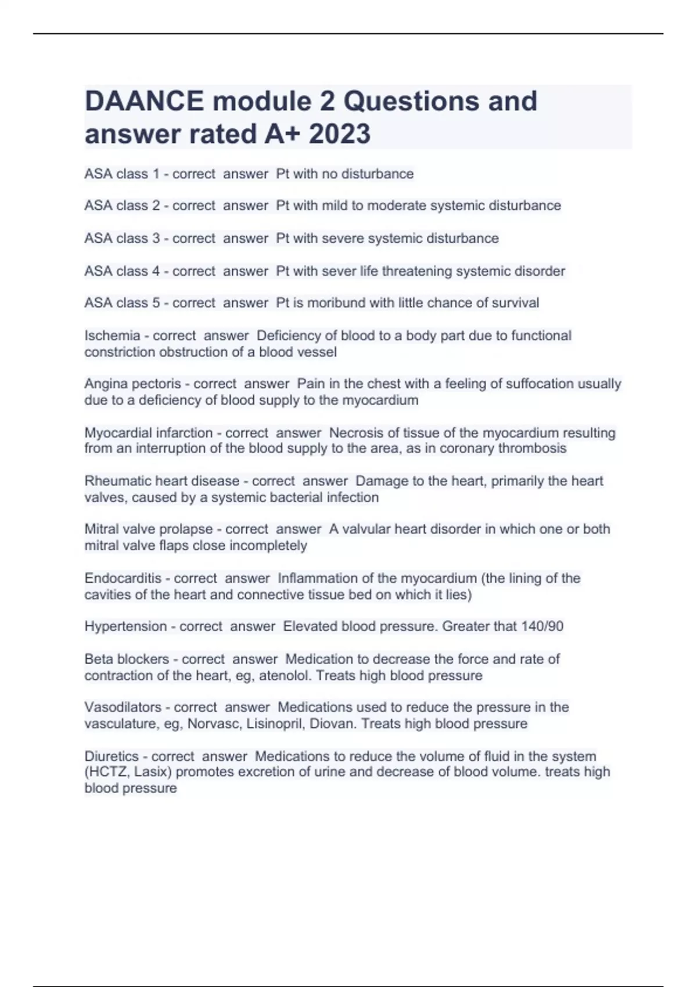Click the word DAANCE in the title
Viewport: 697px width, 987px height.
click(x=144, y=102)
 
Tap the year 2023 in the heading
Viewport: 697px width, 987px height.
click(x=339, y=134)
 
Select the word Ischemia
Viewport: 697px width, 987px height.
click(x=112, y=336)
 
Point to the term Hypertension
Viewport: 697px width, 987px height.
click(x=125, y=626)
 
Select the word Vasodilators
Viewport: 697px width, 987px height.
click(x=123, y=707)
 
